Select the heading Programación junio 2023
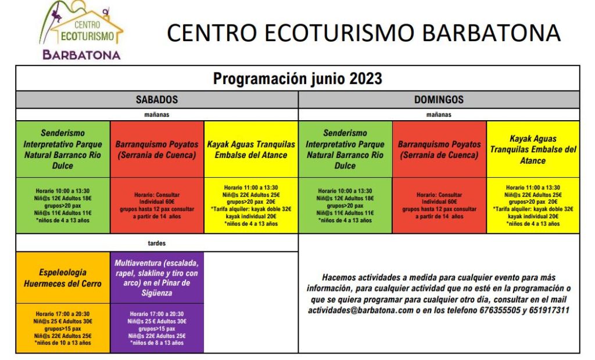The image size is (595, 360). pyautogui.click(x=297, y=78)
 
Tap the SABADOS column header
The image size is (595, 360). pyautogui.click(x=157, y=100)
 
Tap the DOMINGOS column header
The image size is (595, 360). pyautogui.click(x=439, y=100)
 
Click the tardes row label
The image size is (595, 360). pyautogui.click(x=157, y=243)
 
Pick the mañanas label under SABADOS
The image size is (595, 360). pyautogui.click(x=157, y=114)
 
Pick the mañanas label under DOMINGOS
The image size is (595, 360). pyautogui.click(x=439, y=114)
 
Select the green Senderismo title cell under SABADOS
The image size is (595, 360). pyautogui.click(x=63, y=149)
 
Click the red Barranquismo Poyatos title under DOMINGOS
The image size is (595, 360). pyautogui.click(x=439, y=149)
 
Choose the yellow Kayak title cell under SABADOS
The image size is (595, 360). pyautogui.click(x=251, y=149)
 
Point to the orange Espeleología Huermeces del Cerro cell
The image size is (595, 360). pyautogui.click(x=63, y=278)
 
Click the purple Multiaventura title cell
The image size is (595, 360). pyautogui.click(x=157, y=278)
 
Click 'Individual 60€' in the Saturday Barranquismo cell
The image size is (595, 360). pyautogui.click(x=157, y=201)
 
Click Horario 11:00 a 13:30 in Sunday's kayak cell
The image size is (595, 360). pyautogui.click(x=533, y=188)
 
